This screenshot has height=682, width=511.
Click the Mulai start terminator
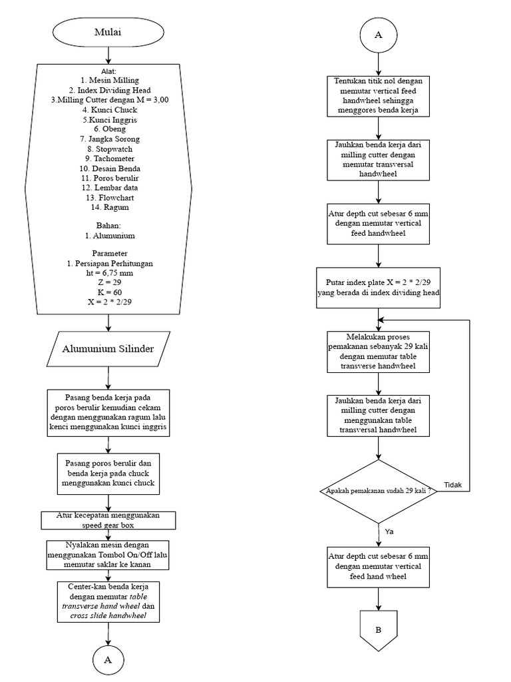(x=108, y=31)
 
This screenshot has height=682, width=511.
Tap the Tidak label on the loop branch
(x=452, y=484)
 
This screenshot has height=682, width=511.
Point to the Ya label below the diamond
(x=389, y=531)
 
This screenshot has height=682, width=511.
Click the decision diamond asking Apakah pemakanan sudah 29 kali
(x=378, y=492)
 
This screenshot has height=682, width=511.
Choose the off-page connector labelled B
(x=378, y=629)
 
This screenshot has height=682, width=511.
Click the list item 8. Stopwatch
(x=109, y=149)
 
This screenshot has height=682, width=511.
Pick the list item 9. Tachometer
(x=109, y=159)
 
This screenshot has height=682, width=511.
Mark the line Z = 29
(x=109, y=282)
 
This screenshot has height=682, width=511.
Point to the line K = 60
(x=109, y=292)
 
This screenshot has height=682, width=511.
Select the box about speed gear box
(x=108, y=520)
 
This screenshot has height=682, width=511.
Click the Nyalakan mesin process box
(x=108, y=555)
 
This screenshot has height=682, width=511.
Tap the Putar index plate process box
(x=378, y=288)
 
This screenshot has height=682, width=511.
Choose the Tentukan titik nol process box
(x=378, y=95)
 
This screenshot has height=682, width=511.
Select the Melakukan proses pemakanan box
(x=378, y=352)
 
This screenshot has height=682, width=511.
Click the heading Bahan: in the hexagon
(x=109, y=226)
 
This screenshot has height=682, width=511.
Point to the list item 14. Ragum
(x=109, y=207)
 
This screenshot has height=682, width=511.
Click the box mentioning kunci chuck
(x=108, y=473)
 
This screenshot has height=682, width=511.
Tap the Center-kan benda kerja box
(x=108, y=601)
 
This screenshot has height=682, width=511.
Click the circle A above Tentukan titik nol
(x=378, y=35)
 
